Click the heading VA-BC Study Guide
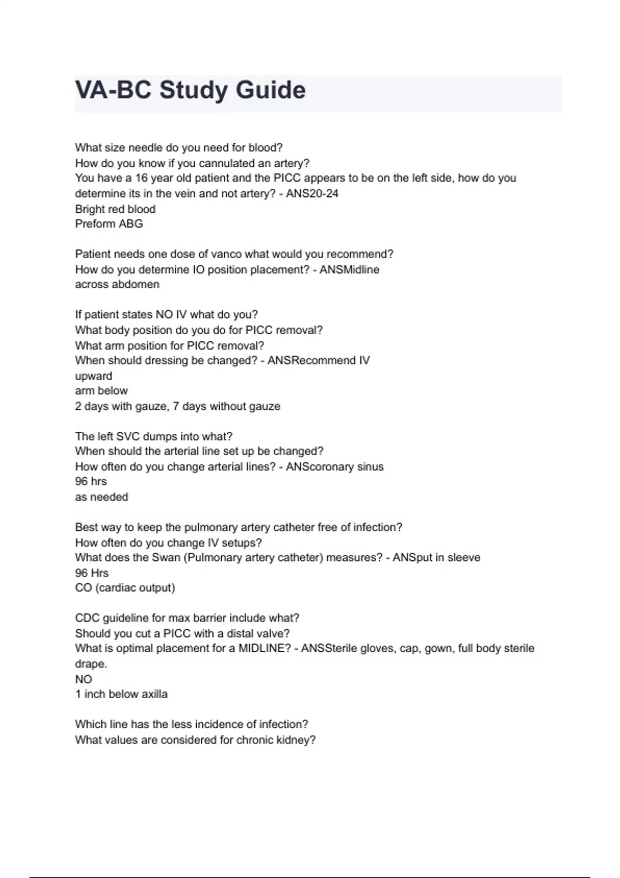[190, 90]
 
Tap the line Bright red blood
[115, 209]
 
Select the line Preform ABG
[109, 224]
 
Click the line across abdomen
[117, 285]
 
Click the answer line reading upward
[94, 376]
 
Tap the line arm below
[101, 391]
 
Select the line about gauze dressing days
[178, 406]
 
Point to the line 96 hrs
[91, 481]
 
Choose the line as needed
[101, 497]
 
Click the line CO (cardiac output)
[125, 588]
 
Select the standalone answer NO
[83, 679]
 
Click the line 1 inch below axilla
[121, 694]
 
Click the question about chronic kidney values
[195, 740]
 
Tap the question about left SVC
[154, 436]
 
